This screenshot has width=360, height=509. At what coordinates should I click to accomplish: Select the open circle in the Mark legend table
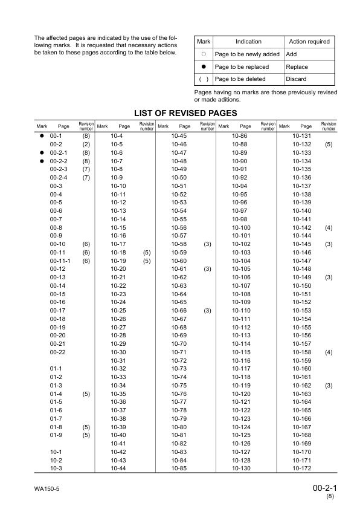(x=204, y=54)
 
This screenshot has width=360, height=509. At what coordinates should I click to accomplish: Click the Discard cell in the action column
(x=296, y=79)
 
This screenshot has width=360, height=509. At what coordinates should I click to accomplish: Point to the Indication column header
(x=248, y=42)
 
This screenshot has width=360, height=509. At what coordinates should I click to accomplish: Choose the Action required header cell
(x=309, y=42)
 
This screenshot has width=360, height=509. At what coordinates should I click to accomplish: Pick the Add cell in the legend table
(x=291, y=54)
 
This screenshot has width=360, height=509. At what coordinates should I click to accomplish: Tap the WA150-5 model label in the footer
(x=47, y=487)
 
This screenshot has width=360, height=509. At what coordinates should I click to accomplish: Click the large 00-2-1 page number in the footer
(x=325, y=487)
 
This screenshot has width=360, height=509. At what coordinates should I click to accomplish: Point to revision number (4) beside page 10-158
(x=329, y=352)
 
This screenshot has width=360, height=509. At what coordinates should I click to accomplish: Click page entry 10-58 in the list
(x=179, y=244)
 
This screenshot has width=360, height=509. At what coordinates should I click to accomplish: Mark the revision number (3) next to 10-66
(x=207, y=310)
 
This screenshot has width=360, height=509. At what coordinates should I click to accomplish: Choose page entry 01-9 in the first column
(x=57, y=435)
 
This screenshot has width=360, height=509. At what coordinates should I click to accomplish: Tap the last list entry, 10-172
(x=301, y=468)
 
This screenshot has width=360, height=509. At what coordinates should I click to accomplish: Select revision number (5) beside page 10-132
(x=329, y=145)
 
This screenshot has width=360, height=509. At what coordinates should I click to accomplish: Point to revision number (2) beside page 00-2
(x=86, y=145)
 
